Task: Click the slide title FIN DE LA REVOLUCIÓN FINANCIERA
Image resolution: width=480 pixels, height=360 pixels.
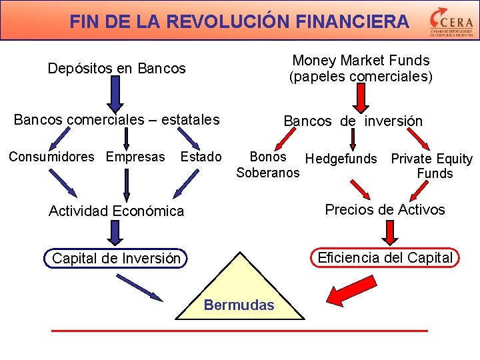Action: pyautogui.click(x=239, y=21)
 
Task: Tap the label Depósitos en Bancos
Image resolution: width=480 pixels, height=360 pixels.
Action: pyautogui.click(x=117, y=68)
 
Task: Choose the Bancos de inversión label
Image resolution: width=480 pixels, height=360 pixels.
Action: pyautogui.click(x=353, y=121)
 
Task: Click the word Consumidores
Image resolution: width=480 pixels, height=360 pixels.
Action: pyautogui.click(x=51, y=157)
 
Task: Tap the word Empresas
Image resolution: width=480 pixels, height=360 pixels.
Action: pyautogui.click(x=135, y=157)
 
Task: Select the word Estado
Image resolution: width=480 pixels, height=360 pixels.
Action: pyautogui.click(x=201, y=157)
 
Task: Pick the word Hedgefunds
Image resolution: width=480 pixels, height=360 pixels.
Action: pyautogui.click(x=341, y=159)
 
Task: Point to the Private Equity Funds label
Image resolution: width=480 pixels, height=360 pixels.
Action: pyautogui.click(x=432, y=166)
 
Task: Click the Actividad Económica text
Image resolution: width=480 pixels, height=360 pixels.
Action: pyautogui.click(x=116, y=211)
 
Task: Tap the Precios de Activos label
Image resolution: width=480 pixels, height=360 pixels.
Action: pyautogui.click(x=385, y=209)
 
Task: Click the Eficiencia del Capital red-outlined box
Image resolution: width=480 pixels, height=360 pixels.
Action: pyautogui.click(x=385, y=257)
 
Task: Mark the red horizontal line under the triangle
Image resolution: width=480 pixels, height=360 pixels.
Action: pyautogui.click(x=239, y=330)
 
